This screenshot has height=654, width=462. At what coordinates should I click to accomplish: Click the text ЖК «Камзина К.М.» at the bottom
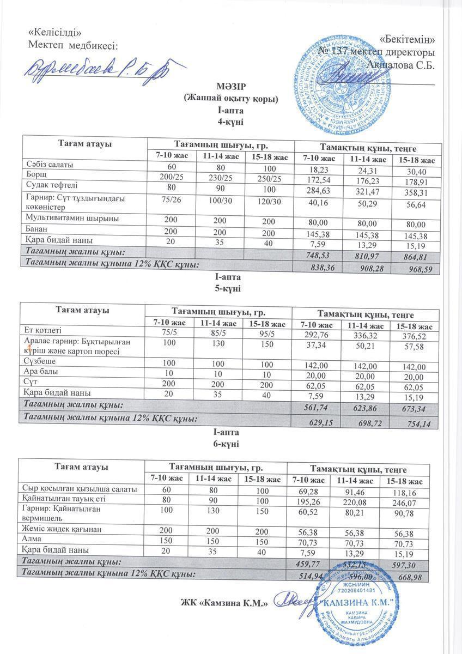(x=224, y=603)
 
